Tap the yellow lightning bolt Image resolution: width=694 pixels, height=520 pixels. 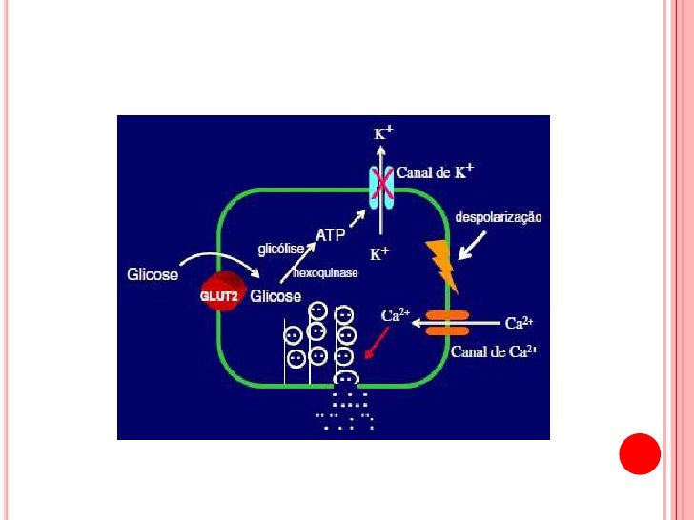[441, 266]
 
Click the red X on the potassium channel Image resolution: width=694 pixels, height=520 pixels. [382, 185]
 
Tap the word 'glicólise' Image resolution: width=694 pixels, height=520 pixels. [281, 249]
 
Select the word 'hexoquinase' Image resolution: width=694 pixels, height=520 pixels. [325, 273]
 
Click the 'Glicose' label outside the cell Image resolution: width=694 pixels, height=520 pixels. [153, 275]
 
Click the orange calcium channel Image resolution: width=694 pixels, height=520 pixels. [446, 322]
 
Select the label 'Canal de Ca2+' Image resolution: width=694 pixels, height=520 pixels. [494, 350]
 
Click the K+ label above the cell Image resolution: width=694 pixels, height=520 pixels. [383, 133]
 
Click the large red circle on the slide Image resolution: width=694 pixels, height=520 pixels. [640, 453]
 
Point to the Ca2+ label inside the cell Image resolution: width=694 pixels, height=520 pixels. [396, 312]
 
